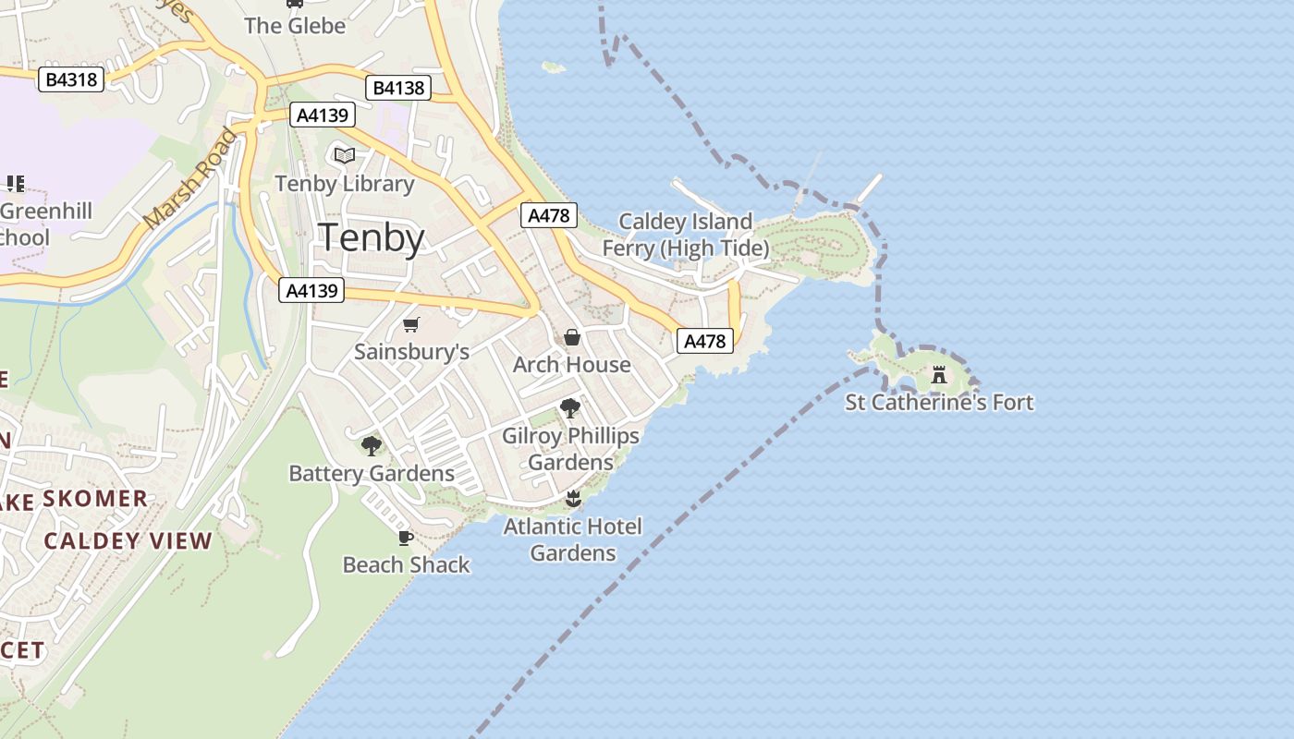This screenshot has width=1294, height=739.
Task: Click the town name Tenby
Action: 372,238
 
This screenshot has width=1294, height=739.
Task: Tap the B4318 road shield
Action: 71,79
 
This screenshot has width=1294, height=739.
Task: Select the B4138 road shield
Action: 399,88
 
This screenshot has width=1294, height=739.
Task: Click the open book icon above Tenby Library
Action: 345,155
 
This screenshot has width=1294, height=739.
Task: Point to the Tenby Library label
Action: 345,183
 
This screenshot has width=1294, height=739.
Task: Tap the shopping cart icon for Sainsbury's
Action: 411,324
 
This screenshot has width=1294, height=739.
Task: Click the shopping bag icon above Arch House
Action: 572,337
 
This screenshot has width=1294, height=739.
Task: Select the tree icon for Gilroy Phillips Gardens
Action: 570,407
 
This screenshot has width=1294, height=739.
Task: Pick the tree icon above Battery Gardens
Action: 372,446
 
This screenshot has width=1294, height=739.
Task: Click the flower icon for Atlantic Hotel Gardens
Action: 573,500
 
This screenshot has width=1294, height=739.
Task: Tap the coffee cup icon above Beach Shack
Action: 405,538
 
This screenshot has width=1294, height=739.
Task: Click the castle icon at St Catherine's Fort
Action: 939,374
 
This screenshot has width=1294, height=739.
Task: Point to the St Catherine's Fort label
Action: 939,402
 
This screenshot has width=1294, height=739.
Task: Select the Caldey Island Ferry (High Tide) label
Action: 685,235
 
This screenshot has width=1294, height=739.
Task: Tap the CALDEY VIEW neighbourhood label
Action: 128,540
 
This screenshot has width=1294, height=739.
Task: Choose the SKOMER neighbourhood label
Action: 95,499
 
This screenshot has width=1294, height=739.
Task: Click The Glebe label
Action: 295,26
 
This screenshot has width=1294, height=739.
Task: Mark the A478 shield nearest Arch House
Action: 706,341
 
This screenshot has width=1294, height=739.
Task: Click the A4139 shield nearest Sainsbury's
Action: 311,290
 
